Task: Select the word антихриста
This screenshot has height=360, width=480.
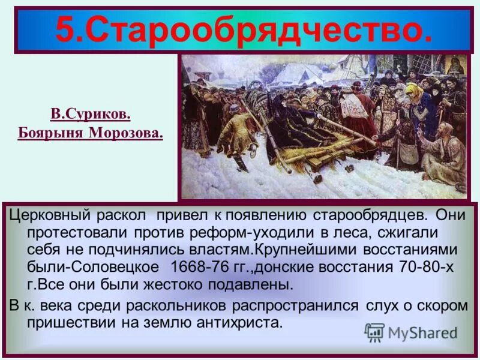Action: [239, 322]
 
